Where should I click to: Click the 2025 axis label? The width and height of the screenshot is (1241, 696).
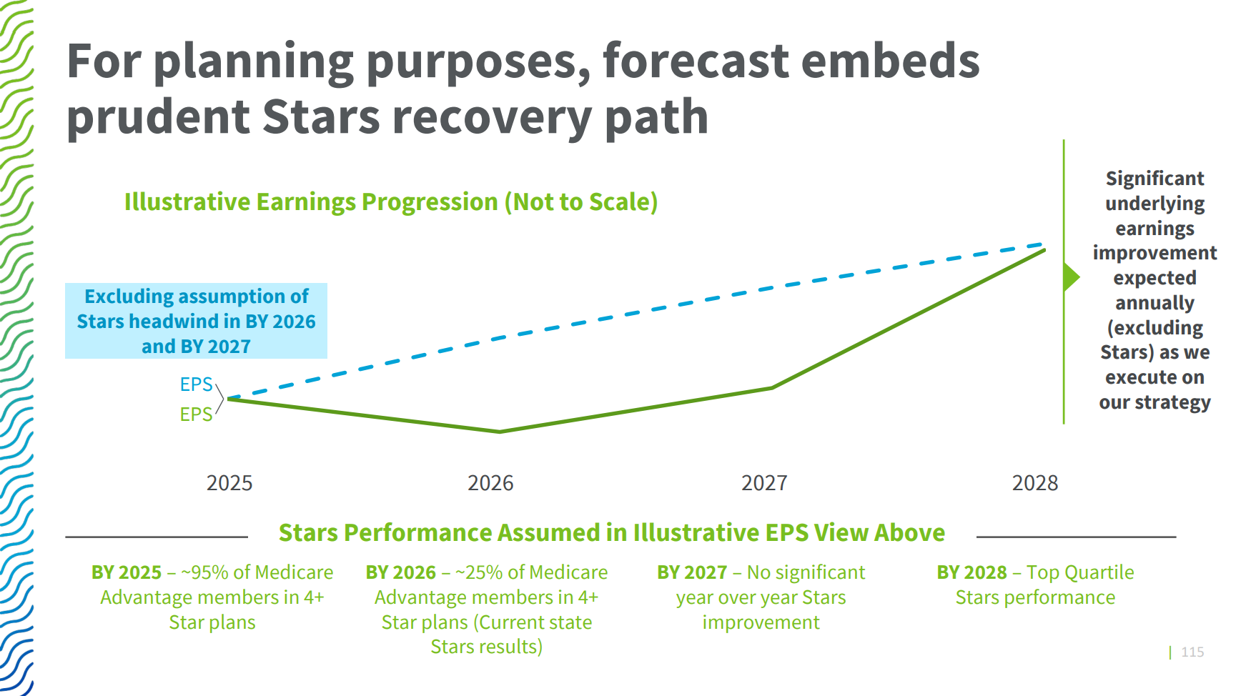[x=229, y=483]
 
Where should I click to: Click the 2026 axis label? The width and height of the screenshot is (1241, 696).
[x=490, y=483]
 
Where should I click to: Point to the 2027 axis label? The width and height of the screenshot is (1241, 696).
[x=764, y=483]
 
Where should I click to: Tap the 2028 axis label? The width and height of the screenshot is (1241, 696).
[x=1034, y=483]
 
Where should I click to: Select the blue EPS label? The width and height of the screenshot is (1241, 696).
[x=196, y=384]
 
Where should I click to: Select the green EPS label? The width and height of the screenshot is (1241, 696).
[x=196, y=414]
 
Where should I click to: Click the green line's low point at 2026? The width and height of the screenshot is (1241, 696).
[x=500, y=432]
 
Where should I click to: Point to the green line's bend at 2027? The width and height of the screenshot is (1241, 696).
[x=772, y=388]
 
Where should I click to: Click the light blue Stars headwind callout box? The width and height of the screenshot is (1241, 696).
[x=196, y=321]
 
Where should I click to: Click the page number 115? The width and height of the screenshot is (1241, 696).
[x=1192, y=652]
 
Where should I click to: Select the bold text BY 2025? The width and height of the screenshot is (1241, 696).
[x=127, y=572]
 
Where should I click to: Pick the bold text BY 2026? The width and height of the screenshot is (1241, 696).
[x=400, y=572]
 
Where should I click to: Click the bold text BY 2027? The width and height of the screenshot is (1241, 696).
[x=692, y=572]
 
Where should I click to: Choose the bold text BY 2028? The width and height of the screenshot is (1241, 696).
[x=971, y=572]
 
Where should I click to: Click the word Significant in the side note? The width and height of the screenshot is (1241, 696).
[x=1155, y=178]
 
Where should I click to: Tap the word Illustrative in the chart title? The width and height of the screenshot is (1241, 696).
[x=187, y=202]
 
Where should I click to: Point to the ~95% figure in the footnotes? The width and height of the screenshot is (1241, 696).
[x=204, y=572]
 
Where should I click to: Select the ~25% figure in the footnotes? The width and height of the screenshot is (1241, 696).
[x=479, y=572]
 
